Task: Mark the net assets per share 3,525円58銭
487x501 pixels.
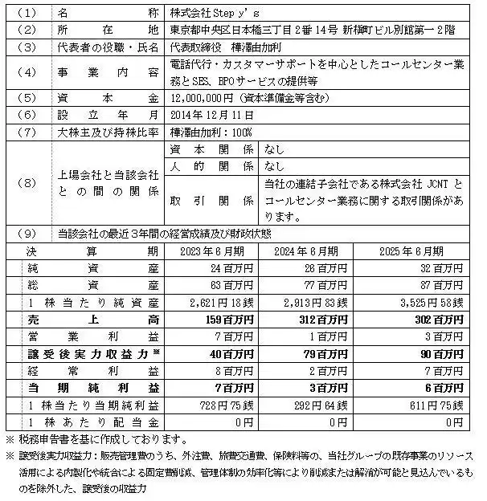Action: tap(429, 301)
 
